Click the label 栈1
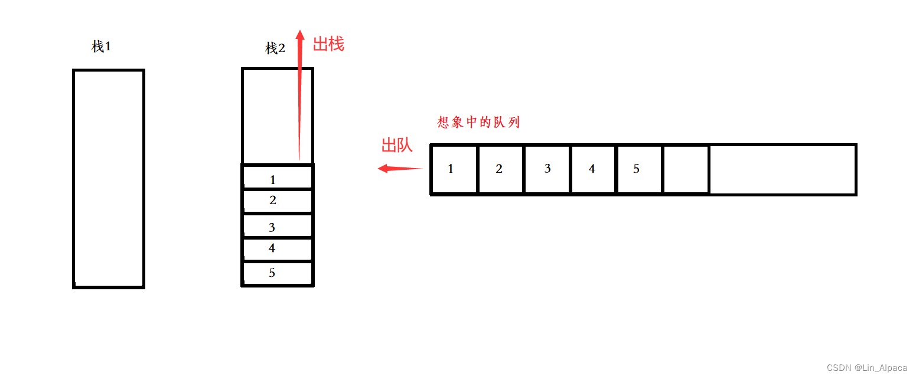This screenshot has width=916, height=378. [x=101, y=47]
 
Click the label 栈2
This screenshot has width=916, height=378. [x=275, y=49]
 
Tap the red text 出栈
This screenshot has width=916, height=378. [x=328, y=44]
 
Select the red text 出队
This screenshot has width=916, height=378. [x=397, y=146]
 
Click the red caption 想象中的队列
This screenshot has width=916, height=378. [x=478, y=122]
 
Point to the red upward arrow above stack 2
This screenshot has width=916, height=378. [x=299, y=95]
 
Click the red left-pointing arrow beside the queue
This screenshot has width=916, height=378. [x=400, y=169]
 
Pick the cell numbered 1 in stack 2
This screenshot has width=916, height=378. [x=277, y=178]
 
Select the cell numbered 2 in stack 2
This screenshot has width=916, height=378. [x=277, y=201]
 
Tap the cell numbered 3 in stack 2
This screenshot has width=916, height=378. [x=277, y=227]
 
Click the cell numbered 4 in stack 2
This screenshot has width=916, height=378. [x=277, y=249]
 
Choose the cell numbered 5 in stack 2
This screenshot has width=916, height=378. [x=277, y=273]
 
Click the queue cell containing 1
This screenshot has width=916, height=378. [x=454, y=169]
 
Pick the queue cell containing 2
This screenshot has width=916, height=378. [x=500, y=169]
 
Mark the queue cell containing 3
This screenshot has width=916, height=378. [x=547, y=169]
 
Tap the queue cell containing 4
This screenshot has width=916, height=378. [x=593, y=169]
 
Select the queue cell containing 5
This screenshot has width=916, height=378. [x=638, y=169]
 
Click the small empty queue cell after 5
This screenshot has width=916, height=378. [x=686, y=169]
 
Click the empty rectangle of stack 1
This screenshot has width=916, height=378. [x=109, y=177]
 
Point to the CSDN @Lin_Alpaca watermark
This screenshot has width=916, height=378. [x=867, y=368]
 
